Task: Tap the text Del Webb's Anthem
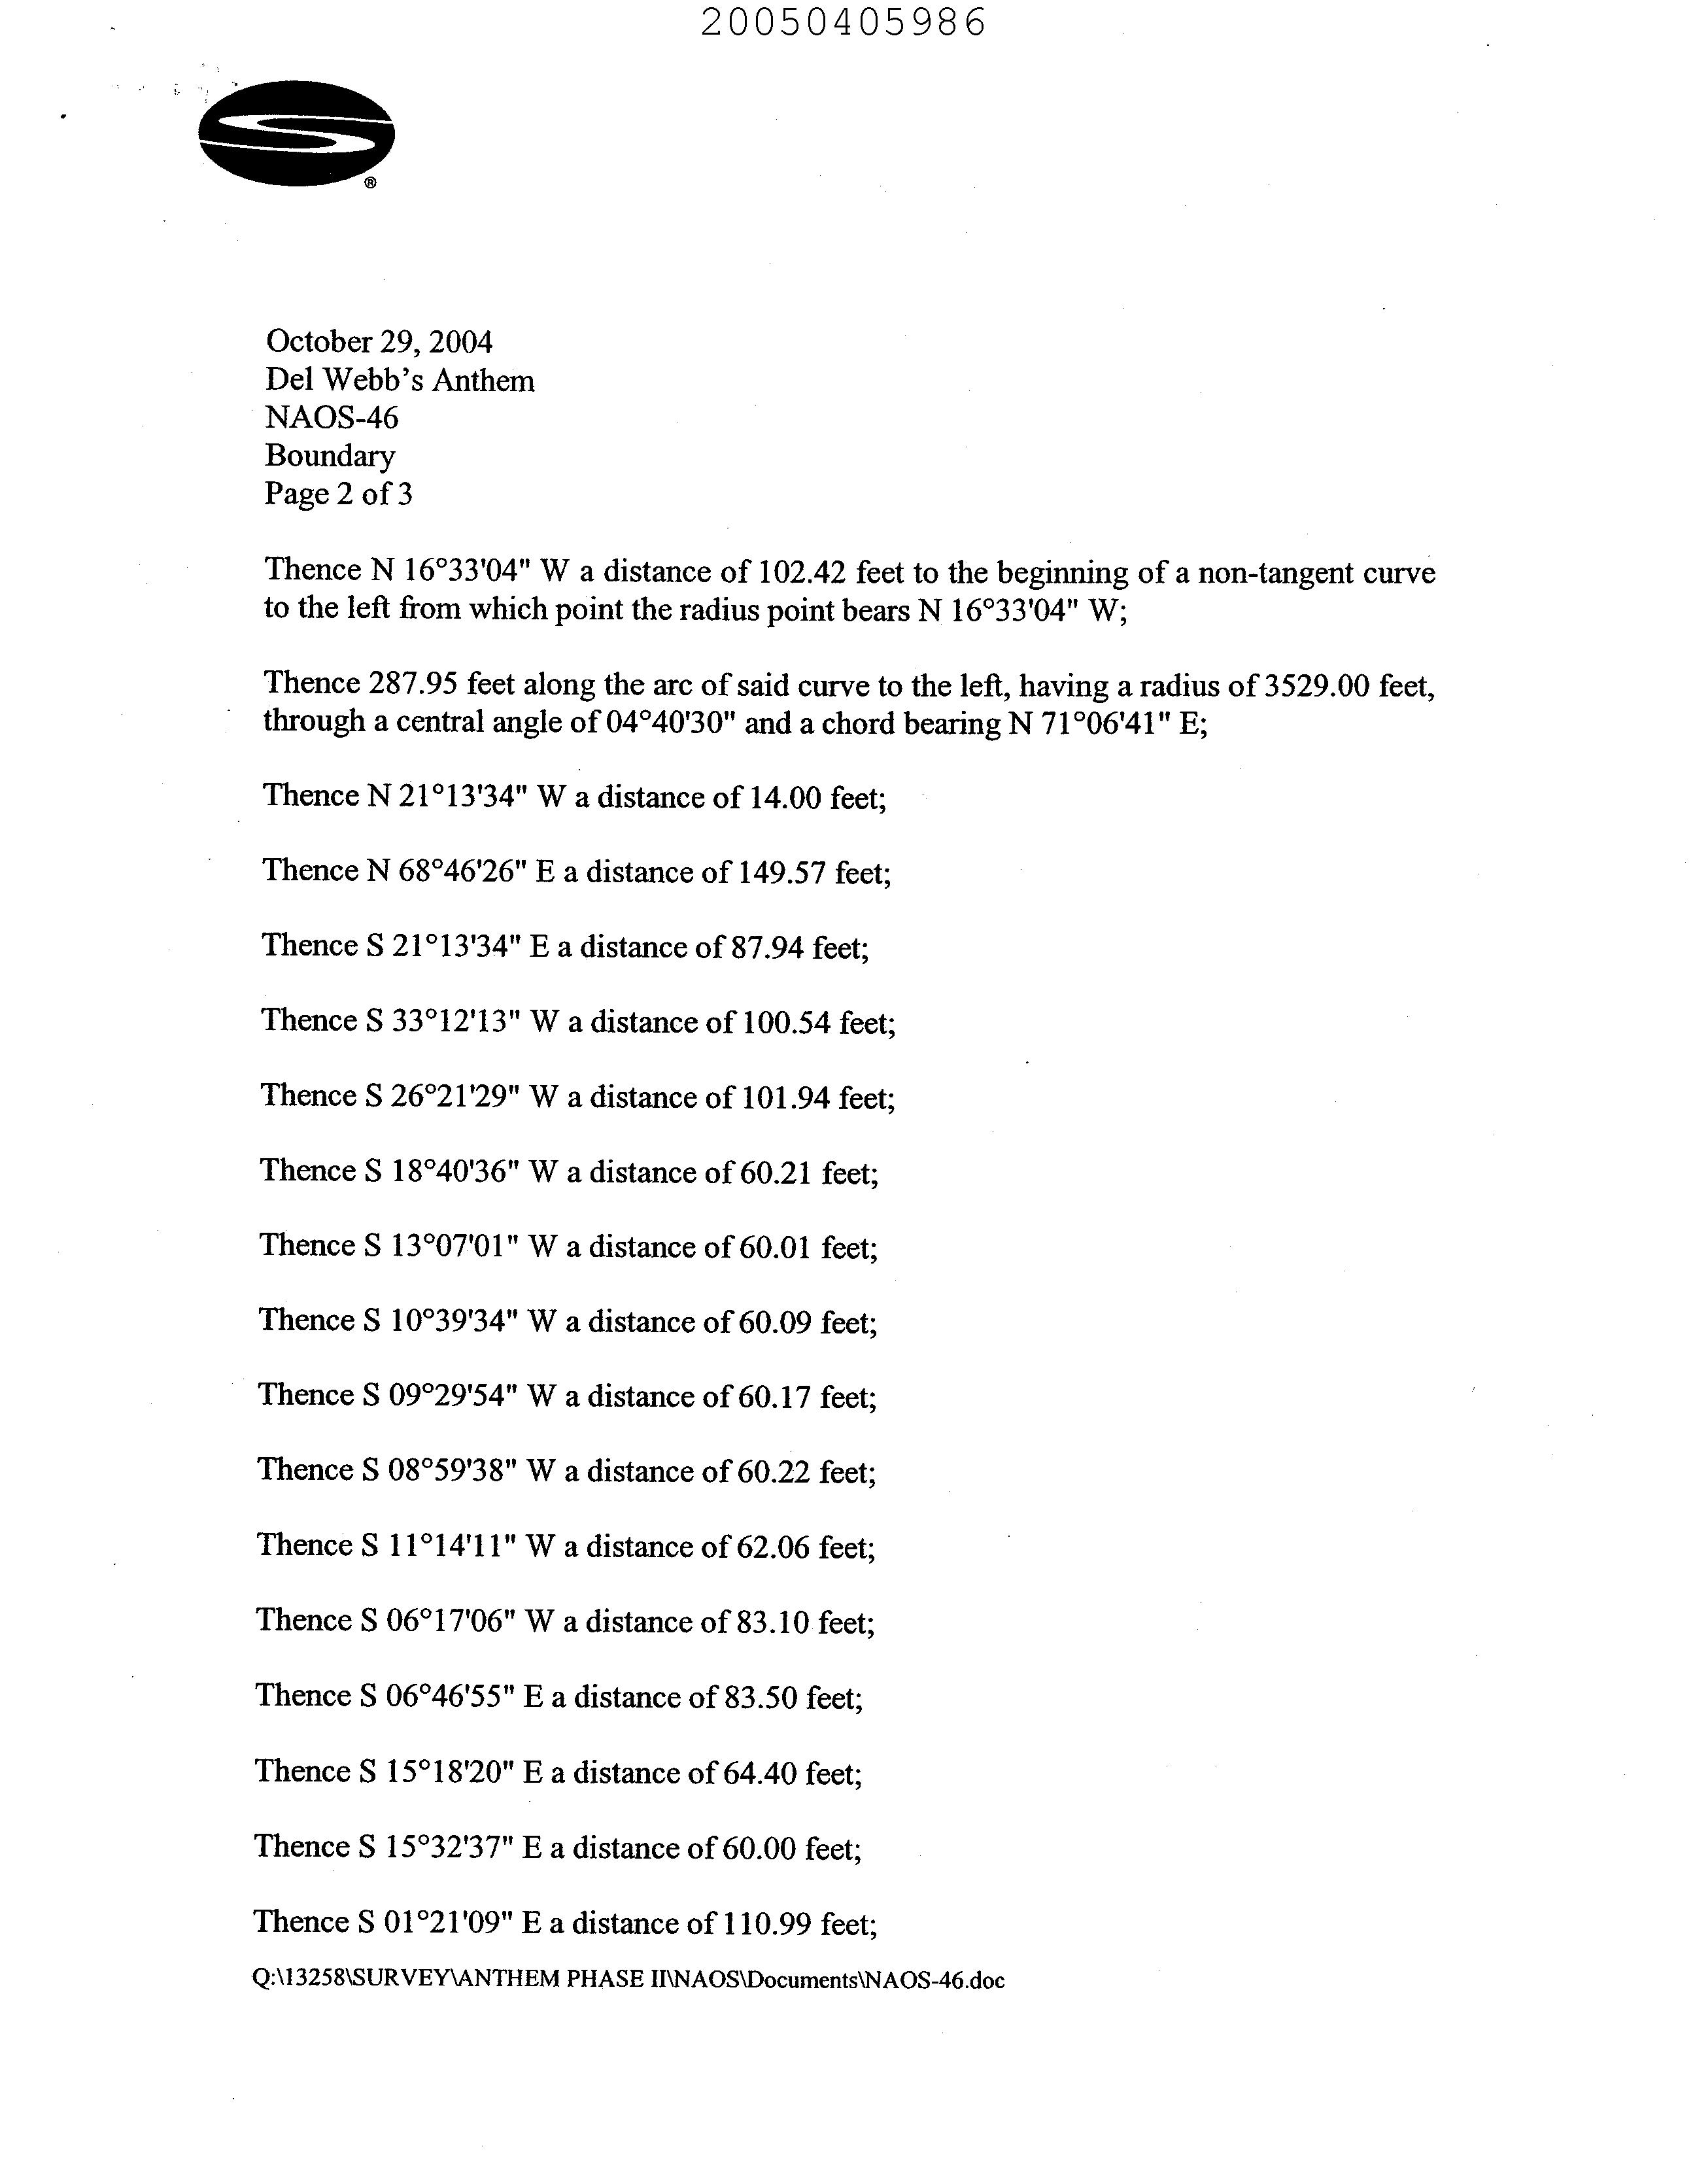399,381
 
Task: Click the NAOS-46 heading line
332,418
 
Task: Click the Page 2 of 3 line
337,494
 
